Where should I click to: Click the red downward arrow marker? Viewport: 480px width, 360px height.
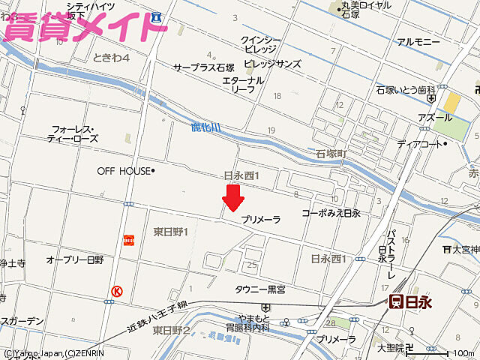pos(233,198)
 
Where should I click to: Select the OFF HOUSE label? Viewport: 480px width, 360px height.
pos(124,171)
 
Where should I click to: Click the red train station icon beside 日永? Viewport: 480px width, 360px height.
pos(395,301)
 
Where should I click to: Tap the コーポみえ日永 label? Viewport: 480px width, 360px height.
pos(331,214)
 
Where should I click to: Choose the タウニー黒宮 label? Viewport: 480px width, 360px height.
pos(260,289)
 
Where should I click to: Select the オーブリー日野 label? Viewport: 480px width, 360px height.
pos(75,259)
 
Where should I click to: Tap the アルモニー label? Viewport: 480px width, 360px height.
pos(418,42)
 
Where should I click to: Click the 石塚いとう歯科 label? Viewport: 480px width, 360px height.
pos(406,90)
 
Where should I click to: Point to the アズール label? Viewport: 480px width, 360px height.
pos(414,118)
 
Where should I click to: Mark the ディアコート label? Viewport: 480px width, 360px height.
pos(420,144)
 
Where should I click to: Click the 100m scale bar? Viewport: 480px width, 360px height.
pos(457,352)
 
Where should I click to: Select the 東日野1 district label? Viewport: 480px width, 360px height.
pos(170,232)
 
